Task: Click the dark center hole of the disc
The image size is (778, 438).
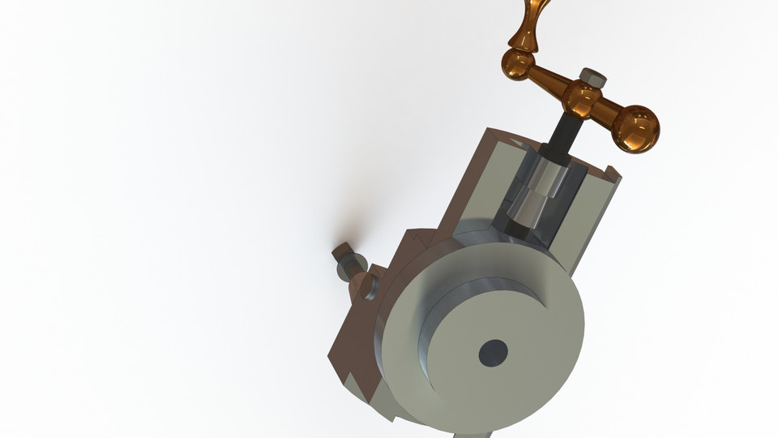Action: pos(493,352)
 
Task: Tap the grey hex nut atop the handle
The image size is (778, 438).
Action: pos(593,78)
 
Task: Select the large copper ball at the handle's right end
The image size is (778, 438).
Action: pos(635,128)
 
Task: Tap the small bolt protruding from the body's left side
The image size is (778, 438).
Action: pos(346,264)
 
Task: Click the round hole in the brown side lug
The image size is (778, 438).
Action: pos(366,286)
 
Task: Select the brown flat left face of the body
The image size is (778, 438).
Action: pos(357,341)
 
